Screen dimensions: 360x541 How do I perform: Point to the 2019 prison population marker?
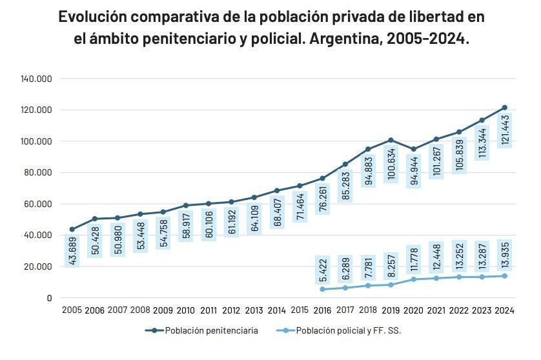click(391, 140)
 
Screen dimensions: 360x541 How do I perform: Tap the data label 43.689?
click(72, 250)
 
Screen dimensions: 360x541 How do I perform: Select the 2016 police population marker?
click(322, 289)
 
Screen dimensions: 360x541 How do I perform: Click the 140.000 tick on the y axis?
click(36, 79)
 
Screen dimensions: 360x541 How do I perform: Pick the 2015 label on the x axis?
click(299, 310)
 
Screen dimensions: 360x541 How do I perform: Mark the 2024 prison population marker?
click(505, 108)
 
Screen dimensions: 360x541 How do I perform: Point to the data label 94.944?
click(413, 170)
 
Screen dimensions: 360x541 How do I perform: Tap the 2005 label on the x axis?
click(72, 310)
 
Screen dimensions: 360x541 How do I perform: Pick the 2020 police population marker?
click(413, 279)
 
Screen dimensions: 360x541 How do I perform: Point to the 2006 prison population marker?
click(95, 219)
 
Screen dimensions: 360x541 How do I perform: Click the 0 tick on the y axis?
click(49, 298)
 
